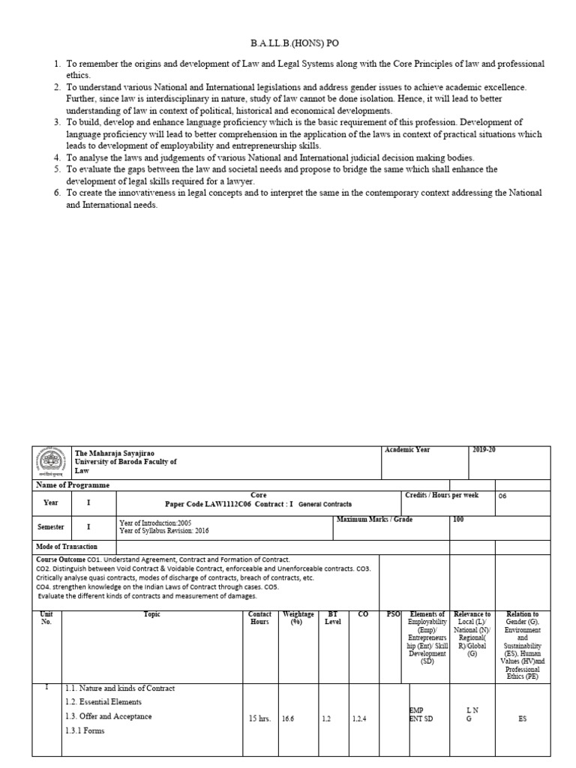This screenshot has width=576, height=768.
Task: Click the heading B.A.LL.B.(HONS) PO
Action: [288, 43]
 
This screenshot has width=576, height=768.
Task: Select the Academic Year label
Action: [407, 449]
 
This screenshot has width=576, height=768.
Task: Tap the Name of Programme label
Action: [73, 485]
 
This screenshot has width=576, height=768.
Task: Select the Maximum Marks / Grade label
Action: [375, 520]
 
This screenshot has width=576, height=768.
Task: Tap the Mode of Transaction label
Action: [67, 547]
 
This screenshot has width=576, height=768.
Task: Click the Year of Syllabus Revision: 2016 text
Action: [163, 531]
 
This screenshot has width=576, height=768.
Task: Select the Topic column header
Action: [152, 614]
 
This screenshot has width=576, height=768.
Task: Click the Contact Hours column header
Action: [259, 618]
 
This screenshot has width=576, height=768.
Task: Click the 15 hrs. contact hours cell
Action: [259, 718]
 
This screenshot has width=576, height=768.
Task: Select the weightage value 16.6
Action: [288, 718]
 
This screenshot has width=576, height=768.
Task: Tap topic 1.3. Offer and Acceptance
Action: [108, 716]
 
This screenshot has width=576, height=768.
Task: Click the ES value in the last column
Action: [522, 718]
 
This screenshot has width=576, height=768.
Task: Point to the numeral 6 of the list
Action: [57, 193]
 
